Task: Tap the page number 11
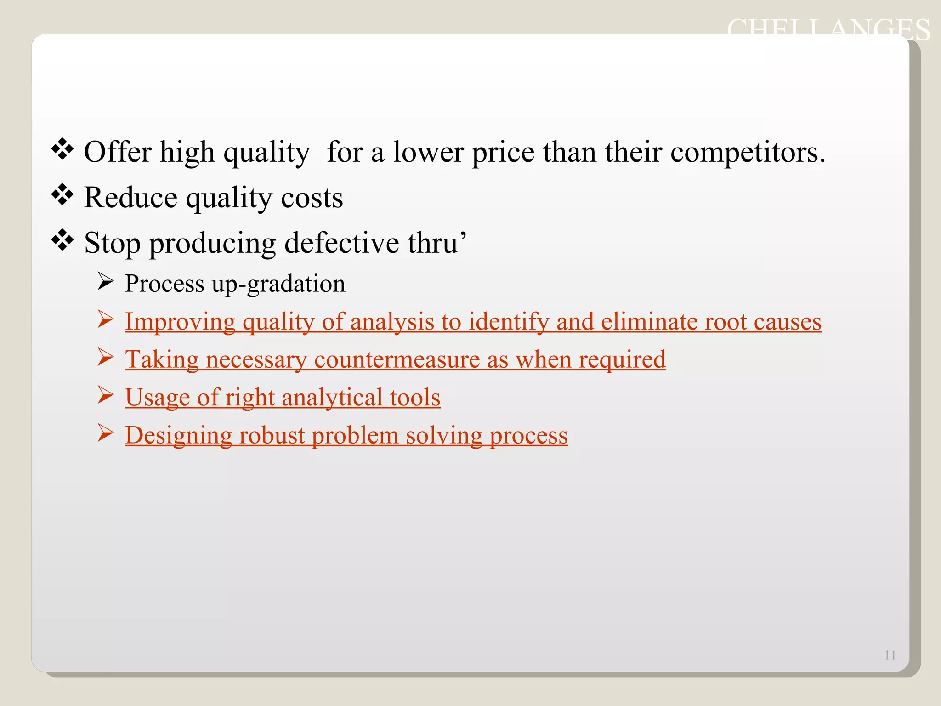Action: [x=890, y=655]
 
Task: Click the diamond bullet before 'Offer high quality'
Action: [x=62, y=150]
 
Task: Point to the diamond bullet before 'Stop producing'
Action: [x=62, y=240]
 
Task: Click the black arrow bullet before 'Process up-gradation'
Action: [x=105, y=281]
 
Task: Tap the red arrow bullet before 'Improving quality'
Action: [x=105, y=319]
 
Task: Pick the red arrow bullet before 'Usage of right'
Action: [x=105, y=395]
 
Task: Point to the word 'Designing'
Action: [x=179, y=436]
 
